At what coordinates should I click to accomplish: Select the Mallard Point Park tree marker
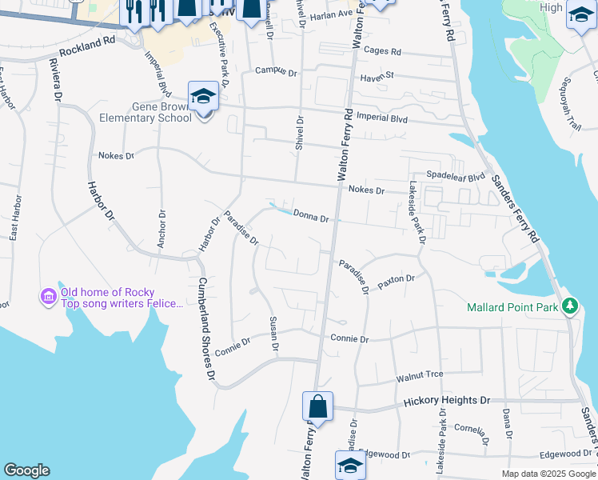point(569,306)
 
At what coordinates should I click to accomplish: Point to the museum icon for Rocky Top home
point(48,298)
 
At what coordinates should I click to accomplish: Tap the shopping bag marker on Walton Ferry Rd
point(317,406)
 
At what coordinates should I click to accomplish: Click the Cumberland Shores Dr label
point(207,329)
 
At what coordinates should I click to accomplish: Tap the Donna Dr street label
point(311,216)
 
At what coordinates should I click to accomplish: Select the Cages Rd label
point(381,51)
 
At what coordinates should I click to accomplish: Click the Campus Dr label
point(276,71)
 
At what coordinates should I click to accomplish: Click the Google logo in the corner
point(26,470)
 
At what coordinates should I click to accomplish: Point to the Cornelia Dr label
point(472,430)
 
